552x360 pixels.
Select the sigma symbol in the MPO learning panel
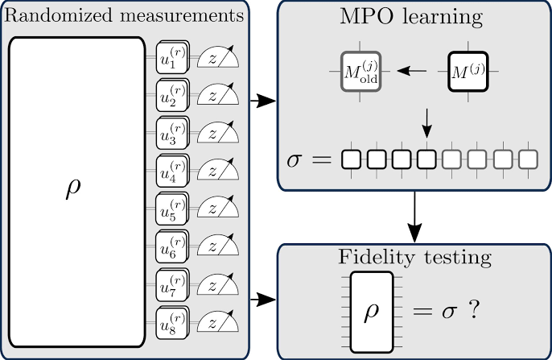coord(297,159)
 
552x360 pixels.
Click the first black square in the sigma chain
coord(350,159)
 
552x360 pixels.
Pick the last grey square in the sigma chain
coord(527,159)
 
